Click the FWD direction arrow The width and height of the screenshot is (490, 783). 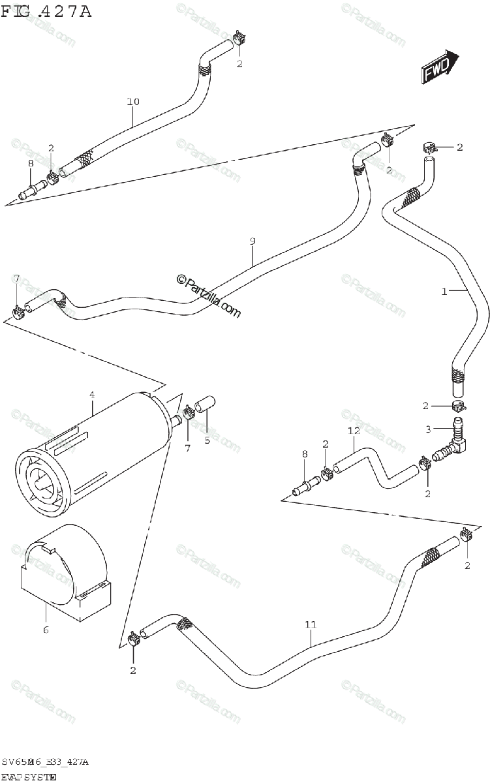439,67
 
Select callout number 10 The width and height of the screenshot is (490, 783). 133,101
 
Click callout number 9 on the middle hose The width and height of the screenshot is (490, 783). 253,241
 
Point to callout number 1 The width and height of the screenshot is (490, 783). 444,292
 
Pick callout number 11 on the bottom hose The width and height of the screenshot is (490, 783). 310,624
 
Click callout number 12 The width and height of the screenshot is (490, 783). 354,431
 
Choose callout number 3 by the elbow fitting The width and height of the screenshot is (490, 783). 429,429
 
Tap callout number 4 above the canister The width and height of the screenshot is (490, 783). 92,395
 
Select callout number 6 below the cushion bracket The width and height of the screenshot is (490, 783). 46,630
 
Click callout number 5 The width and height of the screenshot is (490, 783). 207,440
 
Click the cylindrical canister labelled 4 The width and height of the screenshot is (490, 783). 91,450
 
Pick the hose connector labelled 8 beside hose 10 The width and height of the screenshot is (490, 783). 31,192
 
